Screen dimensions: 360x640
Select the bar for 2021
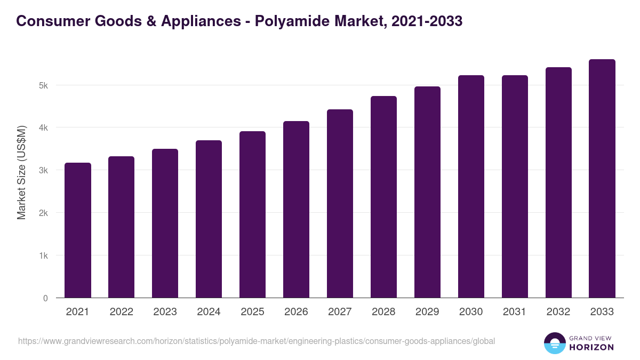[x=78, y=230]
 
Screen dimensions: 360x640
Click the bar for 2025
[x=252, y=214]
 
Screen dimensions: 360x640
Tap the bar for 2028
[x=383, y=197]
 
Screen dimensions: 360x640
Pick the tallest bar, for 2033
[x=602, y=179]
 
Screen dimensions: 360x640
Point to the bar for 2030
[x=471, y=187]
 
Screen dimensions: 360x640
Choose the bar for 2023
[x=165, y=223]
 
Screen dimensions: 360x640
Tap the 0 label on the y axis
[x=45, y=298]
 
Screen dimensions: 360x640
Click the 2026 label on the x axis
[x=296, y=312]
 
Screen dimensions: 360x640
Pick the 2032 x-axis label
[x=558, y=312]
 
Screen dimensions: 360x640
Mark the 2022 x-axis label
[x=121, y=312]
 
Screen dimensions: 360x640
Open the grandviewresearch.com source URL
[x=257, y=341]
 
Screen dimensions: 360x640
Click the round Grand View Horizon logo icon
[x=554, y=343]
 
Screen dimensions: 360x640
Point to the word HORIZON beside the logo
[x=592, y=347]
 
